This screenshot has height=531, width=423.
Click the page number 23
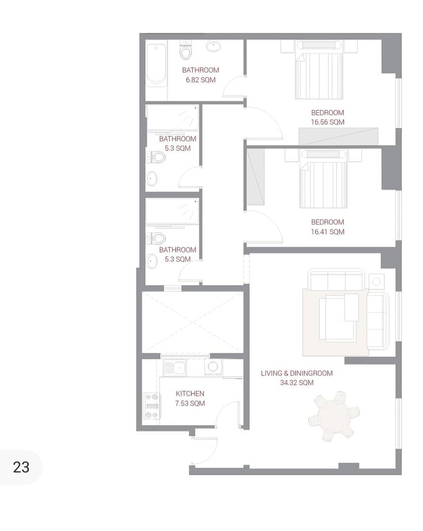point(21,467)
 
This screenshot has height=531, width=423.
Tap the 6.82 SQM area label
point(200,80)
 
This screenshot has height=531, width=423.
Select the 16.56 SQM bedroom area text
point(327,122)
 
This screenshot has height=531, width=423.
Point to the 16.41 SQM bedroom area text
point(327,232)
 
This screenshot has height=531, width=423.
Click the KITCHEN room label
point(190,394)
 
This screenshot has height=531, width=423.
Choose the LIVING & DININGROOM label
point(297,373)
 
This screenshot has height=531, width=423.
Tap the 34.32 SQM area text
point(297,383)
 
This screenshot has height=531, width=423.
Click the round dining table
point(334,416)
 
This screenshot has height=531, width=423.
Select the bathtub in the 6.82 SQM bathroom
point(157,65)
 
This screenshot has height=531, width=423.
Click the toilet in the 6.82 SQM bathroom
point(186,51)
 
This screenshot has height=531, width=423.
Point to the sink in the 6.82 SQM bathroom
point(214,46)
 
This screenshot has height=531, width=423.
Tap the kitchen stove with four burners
point(152,406)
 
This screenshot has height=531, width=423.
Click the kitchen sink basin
point(174,367)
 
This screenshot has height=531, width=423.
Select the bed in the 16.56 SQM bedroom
point(319,70)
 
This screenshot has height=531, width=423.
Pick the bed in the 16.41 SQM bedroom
point(323,179)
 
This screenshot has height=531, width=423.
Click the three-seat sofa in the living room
point(336,280)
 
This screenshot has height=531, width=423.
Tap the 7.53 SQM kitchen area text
point(190,403)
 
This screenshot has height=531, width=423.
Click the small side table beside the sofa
point(376,281)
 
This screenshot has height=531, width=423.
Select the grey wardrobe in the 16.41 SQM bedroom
point(256,177)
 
